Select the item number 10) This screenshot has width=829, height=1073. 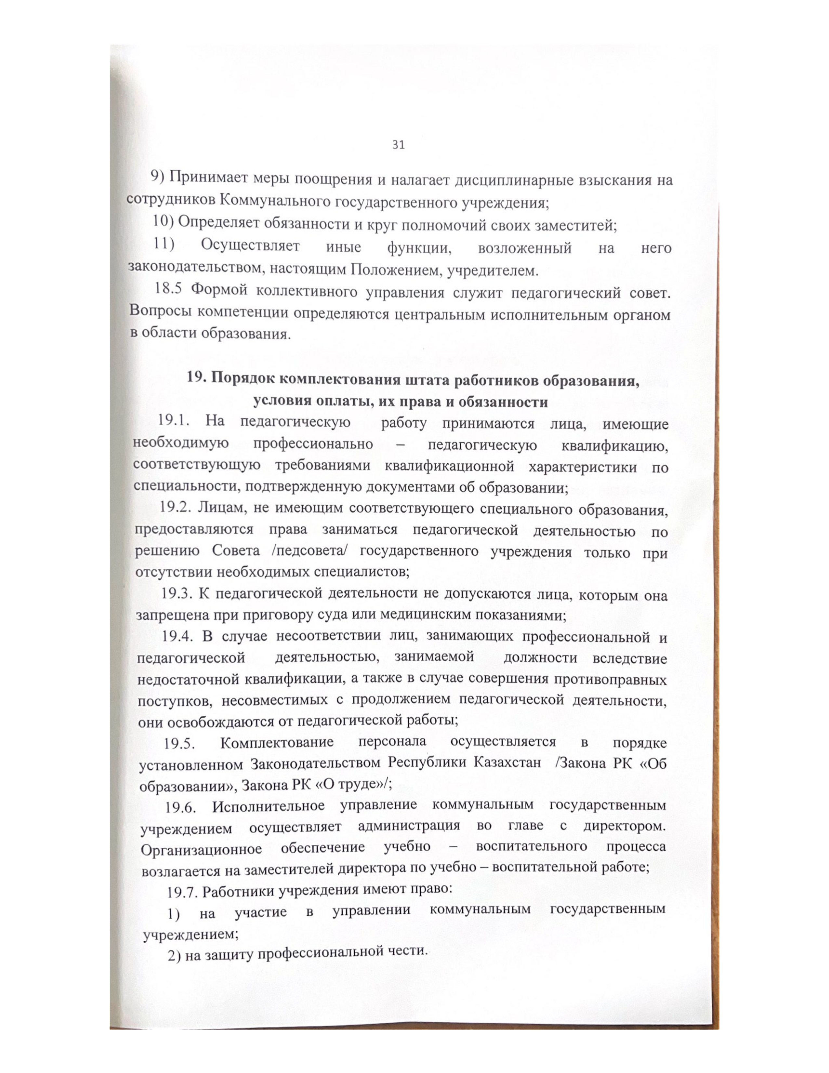163,224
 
